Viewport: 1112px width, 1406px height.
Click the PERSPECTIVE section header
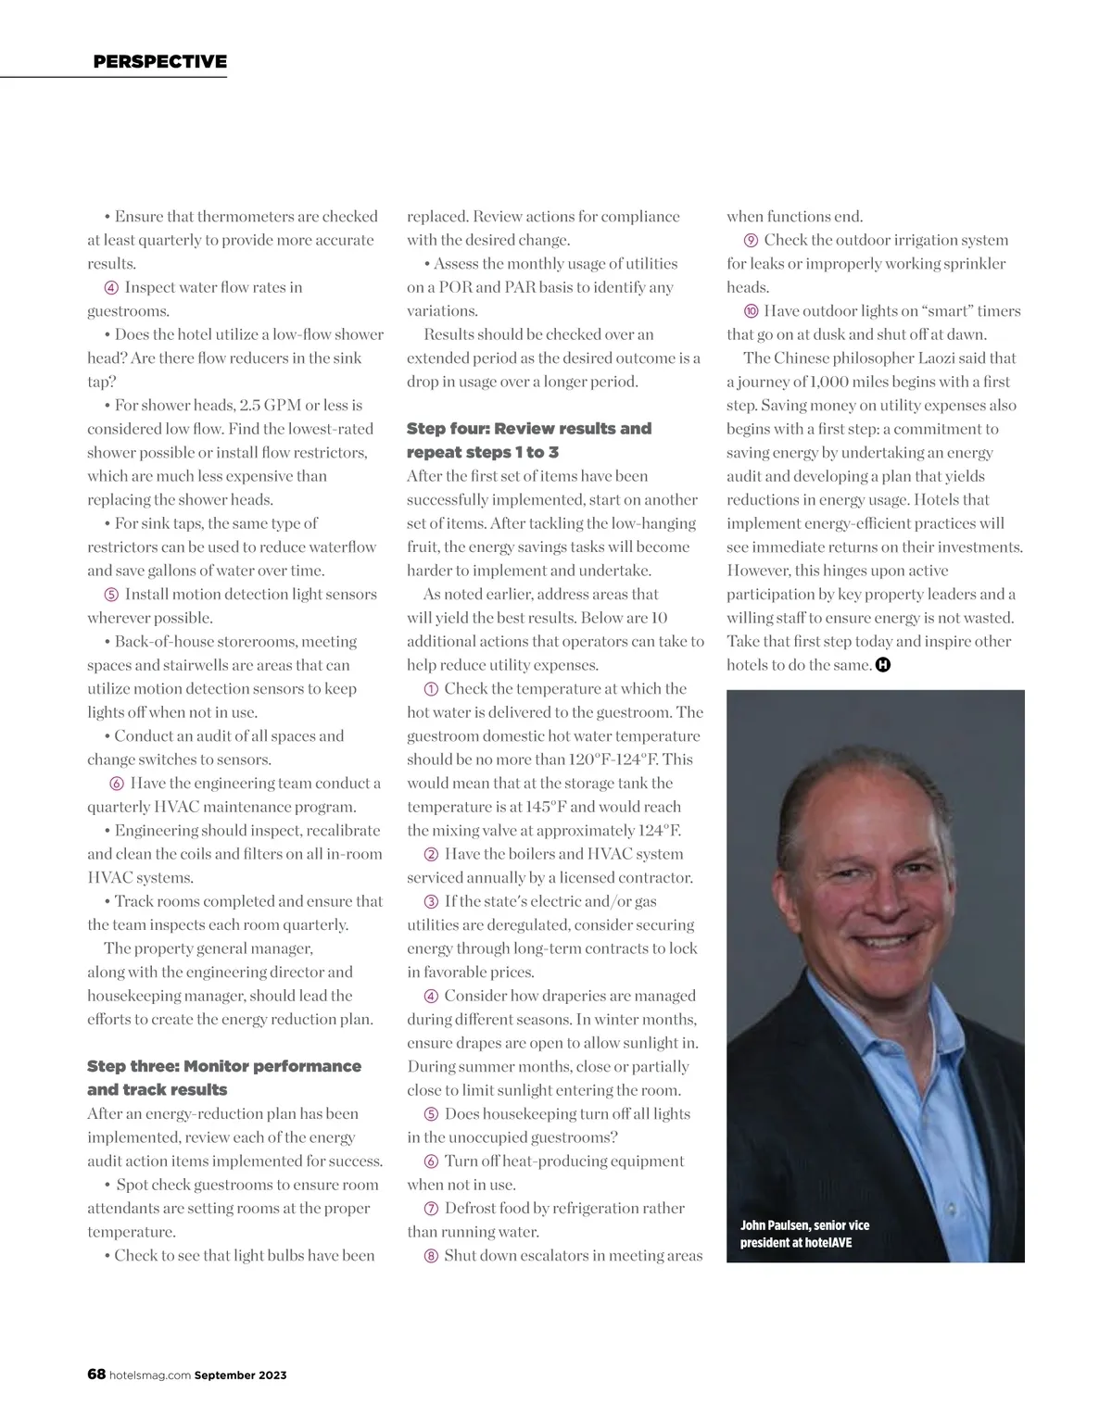tap(159, 62)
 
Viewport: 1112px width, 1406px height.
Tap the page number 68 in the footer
tap(96, 1375)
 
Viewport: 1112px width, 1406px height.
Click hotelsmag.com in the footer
tap(150, 1375)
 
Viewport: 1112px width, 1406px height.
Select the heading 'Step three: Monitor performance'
tap(224, 1066)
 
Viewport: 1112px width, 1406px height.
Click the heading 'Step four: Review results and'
tap(529, 428)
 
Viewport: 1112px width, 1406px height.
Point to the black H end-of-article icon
tap(883, 665)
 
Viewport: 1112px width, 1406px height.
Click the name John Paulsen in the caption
tap(775, 1225)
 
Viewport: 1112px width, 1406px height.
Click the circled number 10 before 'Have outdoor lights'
tap(752, 311)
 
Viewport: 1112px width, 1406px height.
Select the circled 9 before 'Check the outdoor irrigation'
tap(752, 240)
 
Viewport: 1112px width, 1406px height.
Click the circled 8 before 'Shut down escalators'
tap(431, 1256)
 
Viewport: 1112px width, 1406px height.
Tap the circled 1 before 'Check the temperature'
tap(431, 689)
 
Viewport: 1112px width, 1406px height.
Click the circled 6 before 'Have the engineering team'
tap(117, 784)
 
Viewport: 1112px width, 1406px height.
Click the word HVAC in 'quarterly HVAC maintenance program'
tap(183, 807)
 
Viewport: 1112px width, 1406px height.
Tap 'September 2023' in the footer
tap(240, 1375)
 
